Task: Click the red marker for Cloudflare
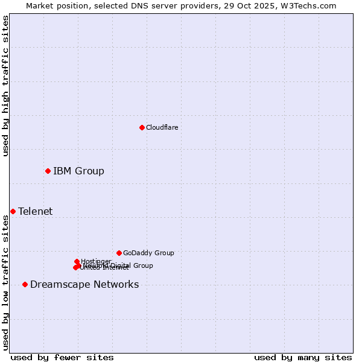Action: coord(142,127)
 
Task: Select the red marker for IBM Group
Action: coord(48,171)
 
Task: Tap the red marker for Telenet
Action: coord(13,211)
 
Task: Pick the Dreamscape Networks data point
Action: coord(25,284)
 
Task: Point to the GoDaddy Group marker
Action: coord(119,253)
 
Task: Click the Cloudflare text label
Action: coord(162,127)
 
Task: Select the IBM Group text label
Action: coord(78,171)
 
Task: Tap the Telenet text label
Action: coord(35,211)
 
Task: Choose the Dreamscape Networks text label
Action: coord(84,284)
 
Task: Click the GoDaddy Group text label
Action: coord(148,253)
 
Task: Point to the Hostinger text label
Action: coord(96,261)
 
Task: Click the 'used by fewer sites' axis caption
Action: coord(62,357)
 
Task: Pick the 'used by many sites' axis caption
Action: coord(303,357)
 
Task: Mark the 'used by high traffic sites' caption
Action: coord(5,86)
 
